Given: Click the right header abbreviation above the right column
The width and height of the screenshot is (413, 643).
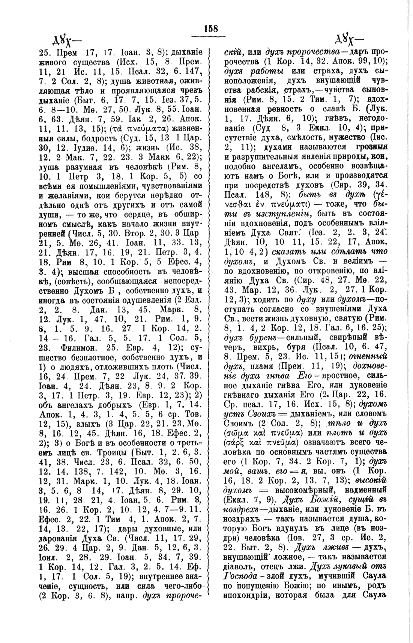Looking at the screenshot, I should pos(348,40).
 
